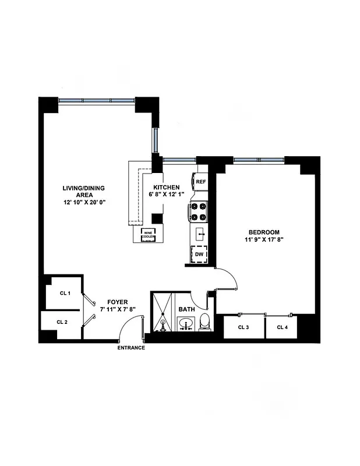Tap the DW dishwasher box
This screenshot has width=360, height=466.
pyautogui.click(x=199, y=255)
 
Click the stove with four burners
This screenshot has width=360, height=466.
pyautogui.click(x=199, y=211)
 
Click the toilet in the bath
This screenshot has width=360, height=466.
pyautogui.click(x=204, y=321)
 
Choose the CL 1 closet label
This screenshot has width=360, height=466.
pyautogui.click(x=65, y=293)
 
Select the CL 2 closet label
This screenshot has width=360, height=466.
pyautogui.click(x=62, y=322)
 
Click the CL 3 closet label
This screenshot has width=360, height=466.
pyautogui.click(x=243, y=327)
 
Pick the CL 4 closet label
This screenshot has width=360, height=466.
pyautogui.click(x=282, y=327)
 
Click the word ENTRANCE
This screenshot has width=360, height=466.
pyautogui.click(x=131, y=348)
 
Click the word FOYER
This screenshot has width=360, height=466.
pyautogui.click(x=118, y=302)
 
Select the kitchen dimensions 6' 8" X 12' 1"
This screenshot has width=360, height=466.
pyautogui.click(x=168, y=194)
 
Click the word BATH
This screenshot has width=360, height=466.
pyautogui.click(x=186, y=309)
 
